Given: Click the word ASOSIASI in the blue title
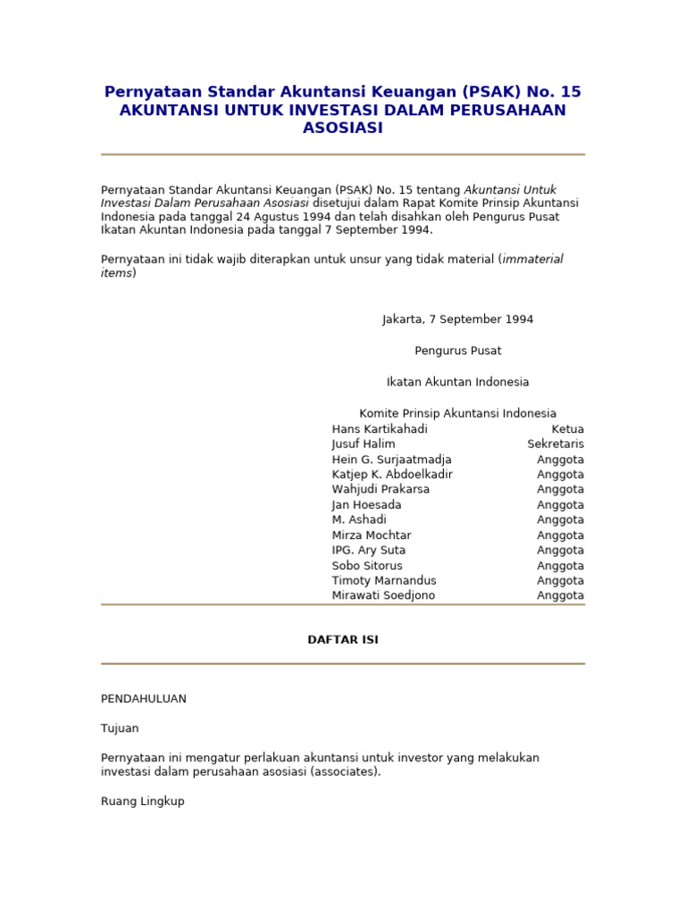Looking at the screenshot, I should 343,128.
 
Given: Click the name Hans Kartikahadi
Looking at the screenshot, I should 380,429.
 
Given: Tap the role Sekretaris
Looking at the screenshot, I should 556,445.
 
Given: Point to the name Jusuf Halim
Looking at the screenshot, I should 364,445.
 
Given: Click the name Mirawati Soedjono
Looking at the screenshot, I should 383,595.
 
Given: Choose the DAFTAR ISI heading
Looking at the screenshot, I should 343,640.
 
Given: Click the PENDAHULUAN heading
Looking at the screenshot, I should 144,699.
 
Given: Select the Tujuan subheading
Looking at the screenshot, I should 120,728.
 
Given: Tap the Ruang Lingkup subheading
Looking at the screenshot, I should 143,802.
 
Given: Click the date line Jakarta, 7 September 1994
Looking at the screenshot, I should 457,320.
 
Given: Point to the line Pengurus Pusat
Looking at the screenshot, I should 457,351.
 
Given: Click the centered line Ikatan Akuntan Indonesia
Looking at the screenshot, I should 457,382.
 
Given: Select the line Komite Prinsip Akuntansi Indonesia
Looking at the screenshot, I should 457,413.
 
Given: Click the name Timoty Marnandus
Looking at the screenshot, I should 384,580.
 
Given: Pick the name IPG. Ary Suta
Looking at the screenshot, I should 367,550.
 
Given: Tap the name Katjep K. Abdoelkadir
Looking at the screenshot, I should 392,474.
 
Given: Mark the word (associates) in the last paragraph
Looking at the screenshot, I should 346,772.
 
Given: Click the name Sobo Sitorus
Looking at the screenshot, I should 367,565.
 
